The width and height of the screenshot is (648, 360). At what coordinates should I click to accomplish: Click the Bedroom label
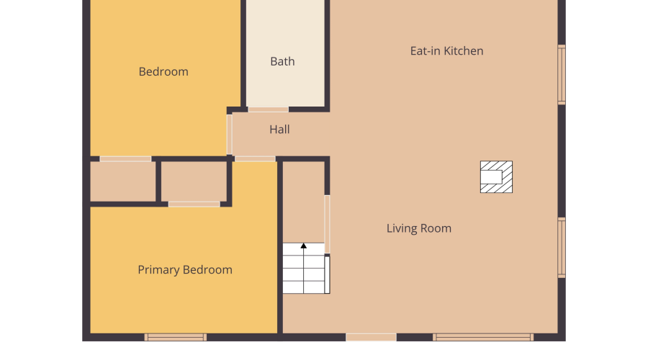pyautogui.click(x=163, y=71)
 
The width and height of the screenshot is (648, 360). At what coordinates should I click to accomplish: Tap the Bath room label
pyautogui.click(x=282, y=61)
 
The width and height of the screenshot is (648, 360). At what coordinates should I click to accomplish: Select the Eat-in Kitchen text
pyautogui.click(x=446, y=51)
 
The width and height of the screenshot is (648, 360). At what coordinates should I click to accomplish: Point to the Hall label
pyautogui.click(x=279, y=130)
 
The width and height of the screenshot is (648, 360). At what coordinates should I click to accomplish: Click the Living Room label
pyautogui.click(x=418, y=228)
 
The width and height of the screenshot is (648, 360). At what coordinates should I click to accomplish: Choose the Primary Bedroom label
pyautogui.click(x=185, y=269)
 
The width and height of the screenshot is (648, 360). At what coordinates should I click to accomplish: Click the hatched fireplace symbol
pyautogui.click(x=496, y=177)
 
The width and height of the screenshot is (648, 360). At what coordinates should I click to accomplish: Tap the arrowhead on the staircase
pyautogui.click(x=303, y=246)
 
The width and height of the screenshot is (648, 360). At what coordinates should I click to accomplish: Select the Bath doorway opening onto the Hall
pyautogui.click(x=269, y=109)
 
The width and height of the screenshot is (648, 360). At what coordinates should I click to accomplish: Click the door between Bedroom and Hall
pyautogui.click(x=230, y=135)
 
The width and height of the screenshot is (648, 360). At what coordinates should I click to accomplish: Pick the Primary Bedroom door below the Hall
pyautogui.click(x=255, y=158)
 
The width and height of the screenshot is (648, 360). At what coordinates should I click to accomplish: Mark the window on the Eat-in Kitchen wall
pyautogui.click(x=562, y=74)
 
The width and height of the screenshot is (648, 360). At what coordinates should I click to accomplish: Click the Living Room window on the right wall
pyautogui.click(x=562, y=248)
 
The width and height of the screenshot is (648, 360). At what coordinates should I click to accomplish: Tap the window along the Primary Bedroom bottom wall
pyautogui.click(x=175, y=337)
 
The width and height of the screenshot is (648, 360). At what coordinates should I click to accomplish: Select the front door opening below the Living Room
pyautogui.click(x=371, y=337)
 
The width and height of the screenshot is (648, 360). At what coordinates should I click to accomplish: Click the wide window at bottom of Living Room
pyautogui.click(x=482, y=337)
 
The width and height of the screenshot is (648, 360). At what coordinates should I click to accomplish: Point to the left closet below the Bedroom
pyautogui.click(x=122, y=181)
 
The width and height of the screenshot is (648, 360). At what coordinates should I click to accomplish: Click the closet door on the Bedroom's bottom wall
pyautogui.click(x=125, y=158)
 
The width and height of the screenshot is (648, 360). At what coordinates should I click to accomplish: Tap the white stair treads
pyautogui.click(x=304, y=269)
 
